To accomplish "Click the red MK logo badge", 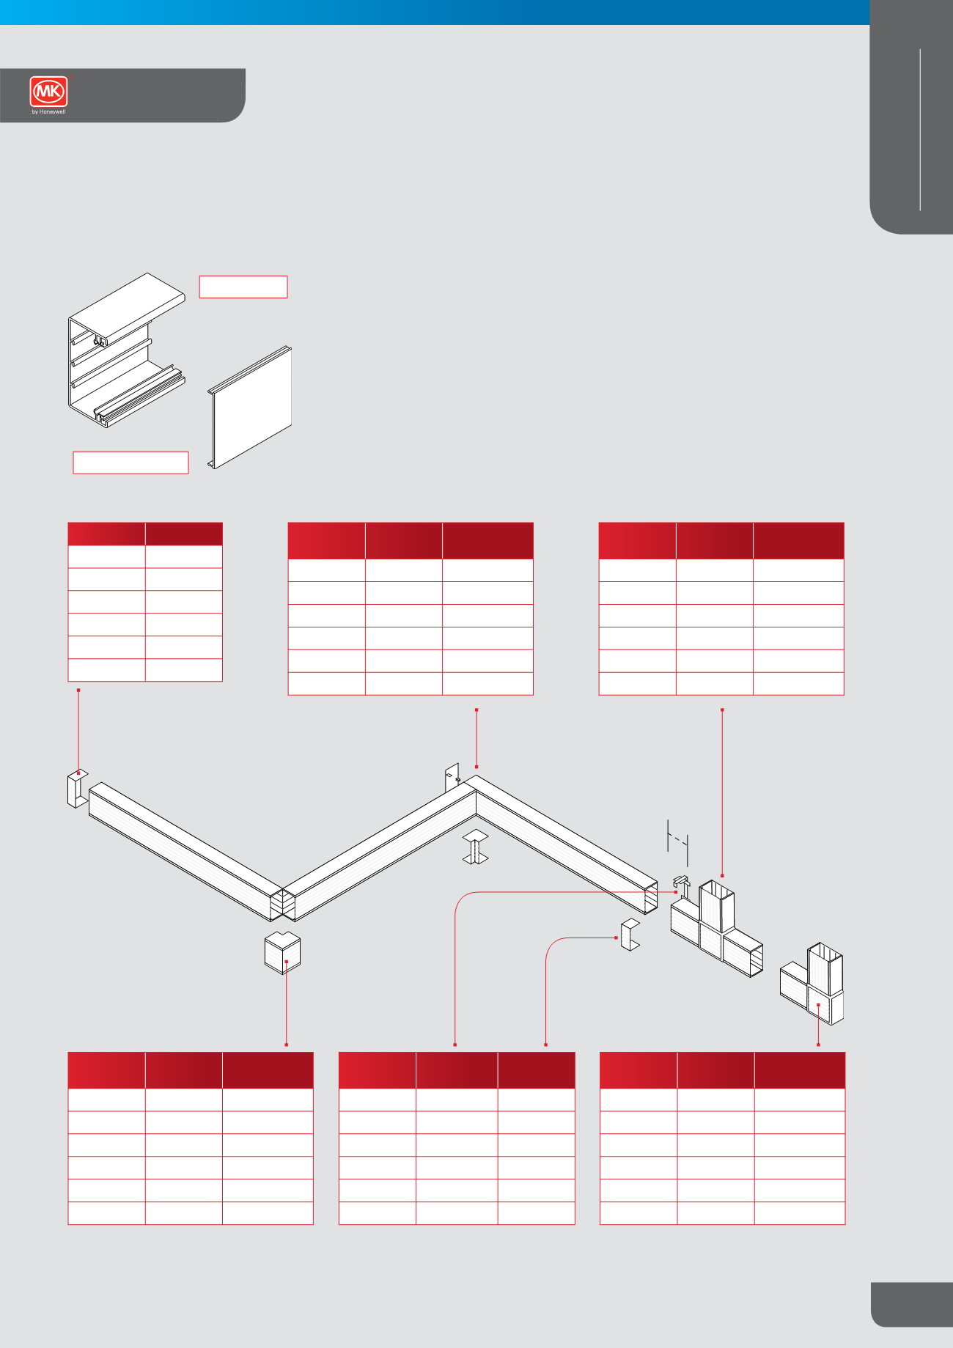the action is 49,92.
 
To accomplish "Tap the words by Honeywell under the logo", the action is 49,112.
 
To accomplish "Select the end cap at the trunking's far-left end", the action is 77,788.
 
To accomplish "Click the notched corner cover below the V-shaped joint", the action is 282,952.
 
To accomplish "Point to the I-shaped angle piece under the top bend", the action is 476,847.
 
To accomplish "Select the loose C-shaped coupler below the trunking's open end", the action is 630,935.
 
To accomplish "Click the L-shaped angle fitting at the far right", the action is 812,984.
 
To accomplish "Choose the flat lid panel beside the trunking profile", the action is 250,408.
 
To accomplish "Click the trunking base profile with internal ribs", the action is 127,350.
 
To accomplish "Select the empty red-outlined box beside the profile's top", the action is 243,287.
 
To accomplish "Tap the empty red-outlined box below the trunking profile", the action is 130,463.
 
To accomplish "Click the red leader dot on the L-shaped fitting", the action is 818,1005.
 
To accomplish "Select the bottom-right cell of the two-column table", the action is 184,670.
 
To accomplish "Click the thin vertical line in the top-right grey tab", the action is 920,130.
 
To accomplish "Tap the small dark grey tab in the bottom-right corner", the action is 912,1305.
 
